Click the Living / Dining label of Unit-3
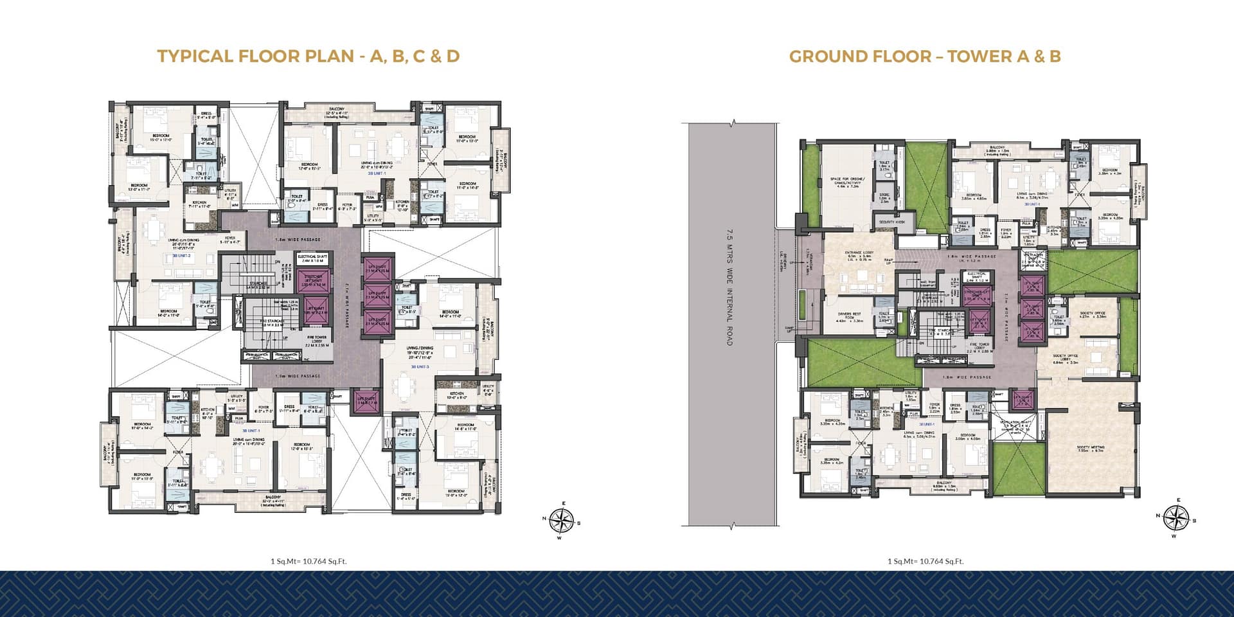[419, 350]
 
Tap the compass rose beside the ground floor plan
[1176, 518]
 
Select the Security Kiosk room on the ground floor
[891, 222]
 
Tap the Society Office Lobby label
[1065, 359]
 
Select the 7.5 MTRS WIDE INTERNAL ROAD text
[729, 287]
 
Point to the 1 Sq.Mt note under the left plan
[308, 561]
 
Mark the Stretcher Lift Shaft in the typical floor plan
[313, 280]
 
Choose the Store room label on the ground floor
[884, 197]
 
